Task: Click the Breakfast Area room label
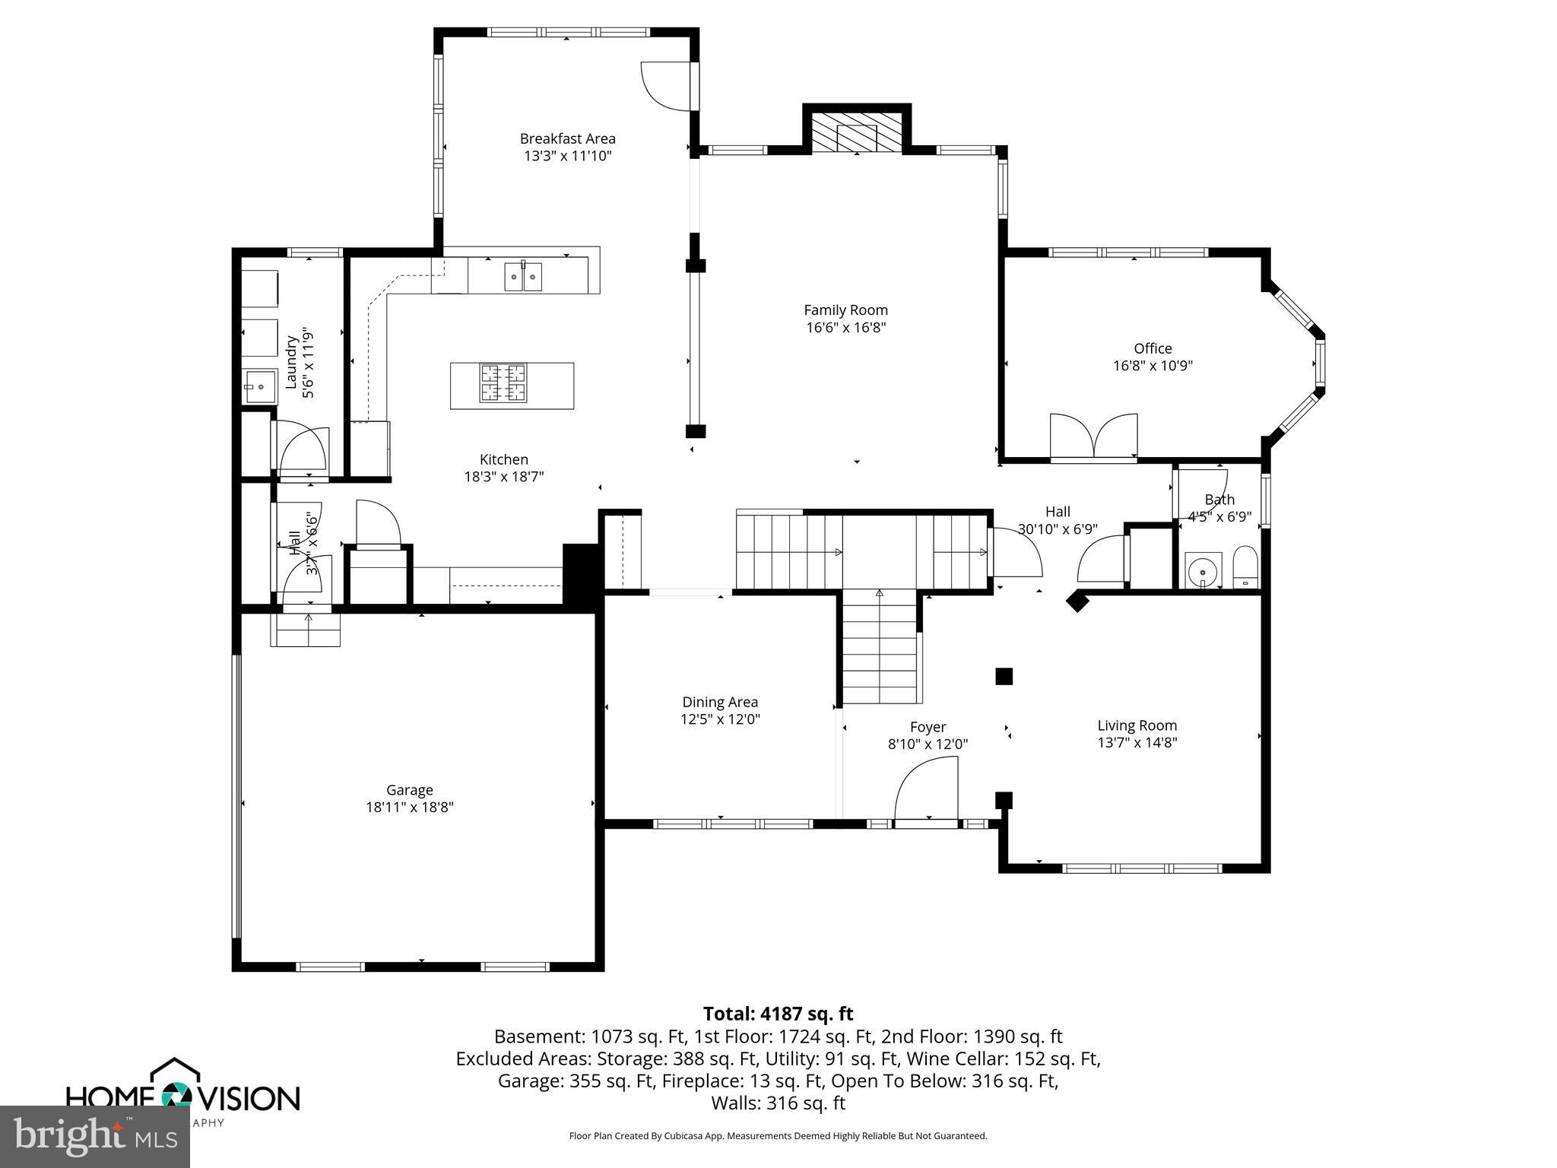pos(567,138)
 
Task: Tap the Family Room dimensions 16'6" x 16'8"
pos(845,328)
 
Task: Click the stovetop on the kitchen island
pos(503,382)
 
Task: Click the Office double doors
pos(1093,436)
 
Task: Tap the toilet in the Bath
pos(1245,567)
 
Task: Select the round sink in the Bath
pos(1203,571)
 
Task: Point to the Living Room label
pos(1137,725)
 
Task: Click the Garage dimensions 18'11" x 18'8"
pos(409,807)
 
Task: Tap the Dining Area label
pos(719,702)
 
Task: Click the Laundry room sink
pos(259,387)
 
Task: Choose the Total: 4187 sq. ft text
pos(778,1014)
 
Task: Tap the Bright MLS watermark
pos(95,1136)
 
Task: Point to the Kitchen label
pos(503,459)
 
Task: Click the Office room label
pos(1153,348)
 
